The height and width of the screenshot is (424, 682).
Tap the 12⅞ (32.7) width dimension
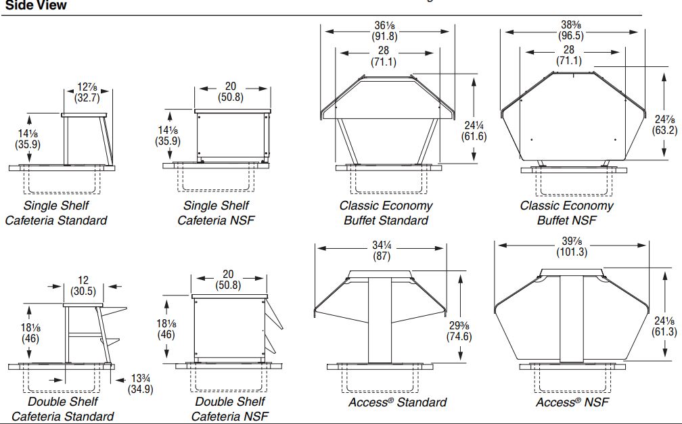point(87,92)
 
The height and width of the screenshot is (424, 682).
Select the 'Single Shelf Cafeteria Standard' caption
point(56,212)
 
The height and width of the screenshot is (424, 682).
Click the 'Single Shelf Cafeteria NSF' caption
point(216,212)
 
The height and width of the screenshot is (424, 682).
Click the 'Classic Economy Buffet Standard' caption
point(386,212)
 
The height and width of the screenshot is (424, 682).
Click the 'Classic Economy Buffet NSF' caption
point(567,212)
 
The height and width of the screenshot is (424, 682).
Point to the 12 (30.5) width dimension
point(83,285)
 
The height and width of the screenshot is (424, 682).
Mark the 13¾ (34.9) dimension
point(141,383)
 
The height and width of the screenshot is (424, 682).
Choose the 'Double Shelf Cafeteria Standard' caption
point(62,408)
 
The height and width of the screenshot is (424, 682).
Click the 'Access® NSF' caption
point(572,402)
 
